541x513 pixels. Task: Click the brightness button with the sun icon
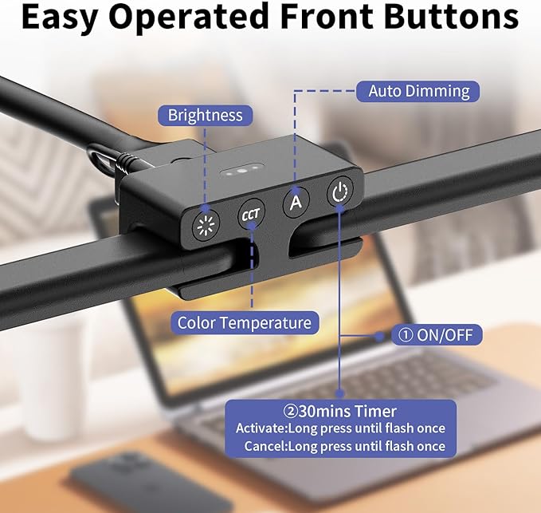tap(206, 225)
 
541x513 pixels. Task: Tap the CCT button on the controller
tap(251, 215)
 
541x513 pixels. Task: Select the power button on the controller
tap(340, 191)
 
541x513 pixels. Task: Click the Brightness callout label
tap(205, 116)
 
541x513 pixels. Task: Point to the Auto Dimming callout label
tap(418, 91)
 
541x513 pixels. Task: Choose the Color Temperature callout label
tap(245, 322)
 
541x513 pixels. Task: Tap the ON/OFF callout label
tap(436, 335)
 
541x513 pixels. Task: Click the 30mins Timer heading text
tap(340, 411)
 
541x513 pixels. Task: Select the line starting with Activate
tap(340, 428)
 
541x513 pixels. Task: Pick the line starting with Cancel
tap(345, 446)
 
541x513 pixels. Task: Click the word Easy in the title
tap(59, 17)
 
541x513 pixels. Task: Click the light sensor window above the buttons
tap(241, 170)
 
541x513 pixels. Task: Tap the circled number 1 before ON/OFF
tap(406, 335)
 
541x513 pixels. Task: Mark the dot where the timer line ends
tap(340, 393)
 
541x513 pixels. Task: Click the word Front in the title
tap(327, 16)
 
